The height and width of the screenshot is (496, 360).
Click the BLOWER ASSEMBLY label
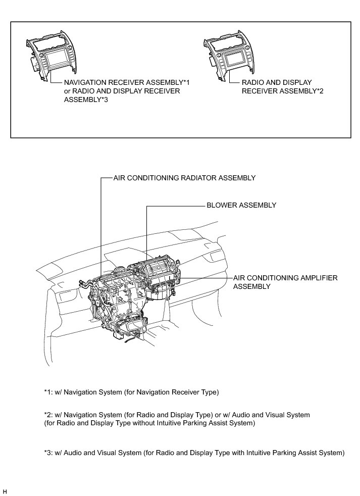241,206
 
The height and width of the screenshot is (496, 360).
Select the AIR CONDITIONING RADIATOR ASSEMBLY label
184,178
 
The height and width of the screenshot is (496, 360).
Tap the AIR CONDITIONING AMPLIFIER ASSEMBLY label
285,282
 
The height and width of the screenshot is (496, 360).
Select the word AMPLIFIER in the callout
315,278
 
